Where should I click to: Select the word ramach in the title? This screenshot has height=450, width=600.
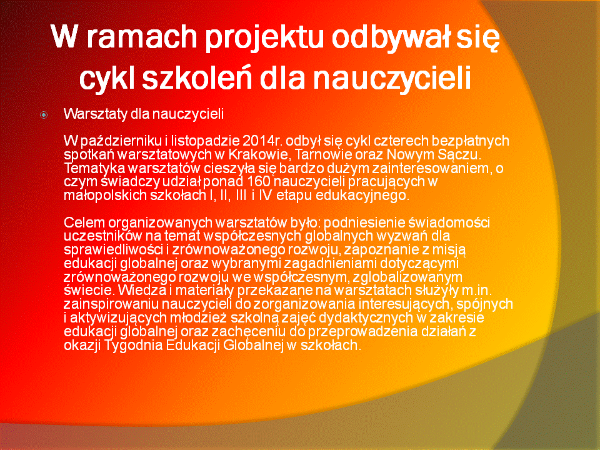pyautogui.click(x=142, y=37)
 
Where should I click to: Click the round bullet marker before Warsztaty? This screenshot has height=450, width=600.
pyautogui.click(x=44, y=114)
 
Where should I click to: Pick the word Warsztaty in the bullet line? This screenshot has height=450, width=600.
pyautogui.click(x=95, y=114)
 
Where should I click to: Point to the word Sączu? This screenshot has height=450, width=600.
pyautogui.click(x=461, y=155)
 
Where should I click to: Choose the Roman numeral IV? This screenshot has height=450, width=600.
pyautogui.click(x=265, y=195)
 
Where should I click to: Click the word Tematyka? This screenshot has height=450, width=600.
pyautogui.click(x=94, y=168)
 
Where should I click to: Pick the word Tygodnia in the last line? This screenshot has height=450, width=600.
pyautogui.click(x=134, y=346)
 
